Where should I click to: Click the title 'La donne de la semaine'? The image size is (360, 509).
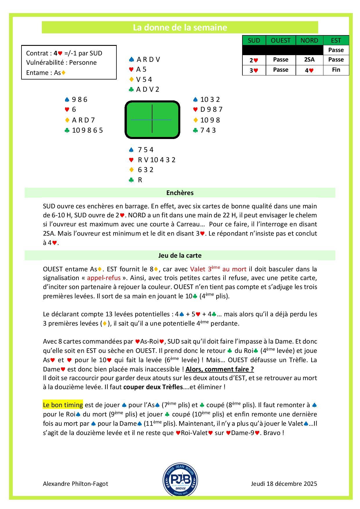[180, 28]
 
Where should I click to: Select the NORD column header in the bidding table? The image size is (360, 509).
[309, 40]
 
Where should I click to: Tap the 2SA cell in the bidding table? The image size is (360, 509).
[309, 60]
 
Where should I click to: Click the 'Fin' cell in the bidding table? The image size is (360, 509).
[336, 70]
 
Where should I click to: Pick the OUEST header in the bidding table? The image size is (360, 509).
[280, 40]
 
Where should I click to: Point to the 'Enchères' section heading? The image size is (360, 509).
[180, 193]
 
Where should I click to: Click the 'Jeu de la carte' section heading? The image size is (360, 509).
[180, 256]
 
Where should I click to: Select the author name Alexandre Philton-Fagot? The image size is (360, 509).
[75, 484]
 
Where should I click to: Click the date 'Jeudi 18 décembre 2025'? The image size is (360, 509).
[284, 484]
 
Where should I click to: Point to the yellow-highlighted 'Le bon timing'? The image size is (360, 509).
[63, 405]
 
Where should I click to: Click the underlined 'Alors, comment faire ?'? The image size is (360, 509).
[219, 369]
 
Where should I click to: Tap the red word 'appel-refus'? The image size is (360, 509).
[104, 278]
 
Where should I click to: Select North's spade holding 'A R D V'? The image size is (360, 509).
[148, 59]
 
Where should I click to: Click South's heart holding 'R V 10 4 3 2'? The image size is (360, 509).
[156, 160]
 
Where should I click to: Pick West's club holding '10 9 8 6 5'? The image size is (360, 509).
[87, 130]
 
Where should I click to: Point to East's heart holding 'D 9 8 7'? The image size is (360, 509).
[211, 110]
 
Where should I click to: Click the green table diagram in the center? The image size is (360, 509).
[152, 120]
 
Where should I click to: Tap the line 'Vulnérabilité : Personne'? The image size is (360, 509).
[61, 63]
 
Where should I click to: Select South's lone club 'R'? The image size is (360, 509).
[140, 180]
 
